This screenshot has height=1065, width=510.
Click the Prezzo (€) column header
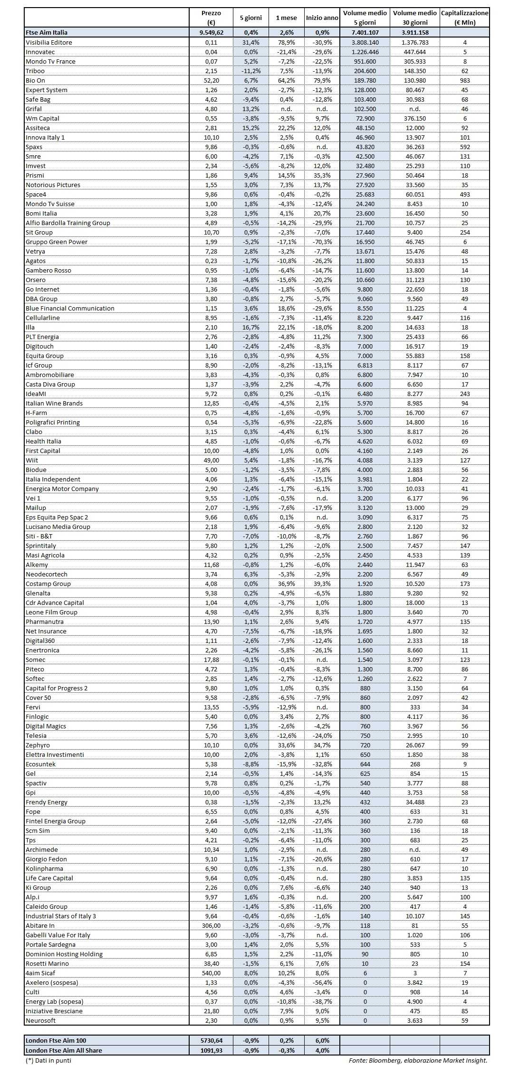pyautogui.click(x=211, y=18)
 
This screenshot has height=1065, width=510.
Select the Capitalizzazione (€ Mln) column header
pyautogui.click(x=464, y=18)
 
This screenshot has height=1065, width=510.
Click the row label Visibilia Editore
pyautogui.click(x=49, y=42)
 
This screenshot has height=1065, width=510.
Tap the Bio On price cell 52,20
pyautogui.click(x=211, y=80)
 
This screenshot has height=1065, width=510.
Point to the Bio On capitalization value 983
pyautogui.click(x=464, y=80)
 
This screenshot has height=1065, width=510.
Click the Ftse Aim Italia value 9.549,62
pyautogui.click(x=211, y=32)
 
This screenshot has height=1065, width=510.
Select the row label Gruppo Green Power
pyautogui.click(x=57, y=242)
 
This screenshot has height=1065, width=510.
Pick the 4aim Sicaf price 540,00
pyautogui.click(x=211, y=973)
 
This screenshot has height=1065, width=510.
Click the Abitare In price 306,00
pyautogui.click(x=211, y=925)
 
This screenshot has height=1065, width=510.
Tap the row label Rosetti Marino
pyautogui.click(x=47, y=963)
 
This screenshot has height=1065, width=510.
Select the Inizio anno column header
pyautogui.click(x=322, y=18)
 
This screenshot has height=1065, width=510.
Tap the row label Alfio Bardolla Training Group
pyautogui.click(x=67, y=223)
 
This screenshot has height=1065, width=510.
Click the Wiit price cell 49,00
pyautogui.click(x=211, y=460)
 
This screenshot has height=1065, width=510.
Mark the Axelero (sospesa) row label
pyautogui.click(x=52, y=982)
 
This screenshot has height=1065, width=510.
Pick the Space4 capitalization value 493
pyautogui.click(x=464, y=194)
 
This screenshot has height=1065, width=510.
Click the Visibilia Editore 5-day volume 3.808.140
pyautogui.click(x=365, y=42)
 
